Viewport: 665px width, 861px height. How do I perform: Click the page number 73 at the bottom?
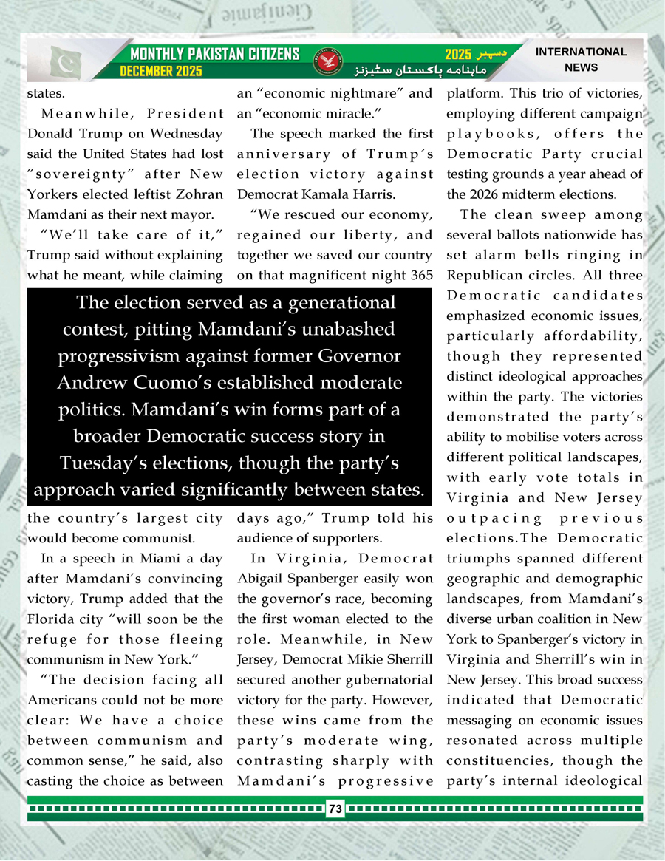coord(335,809)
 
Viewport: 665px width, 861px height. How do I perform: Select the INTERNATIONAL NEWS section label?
coord(580,60)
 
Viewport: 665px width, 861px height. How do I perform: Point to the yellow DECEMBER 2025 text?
coord(162,71)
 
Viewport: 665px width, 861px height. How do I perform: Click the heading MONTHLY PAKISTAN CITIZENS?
coord(215,54)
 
